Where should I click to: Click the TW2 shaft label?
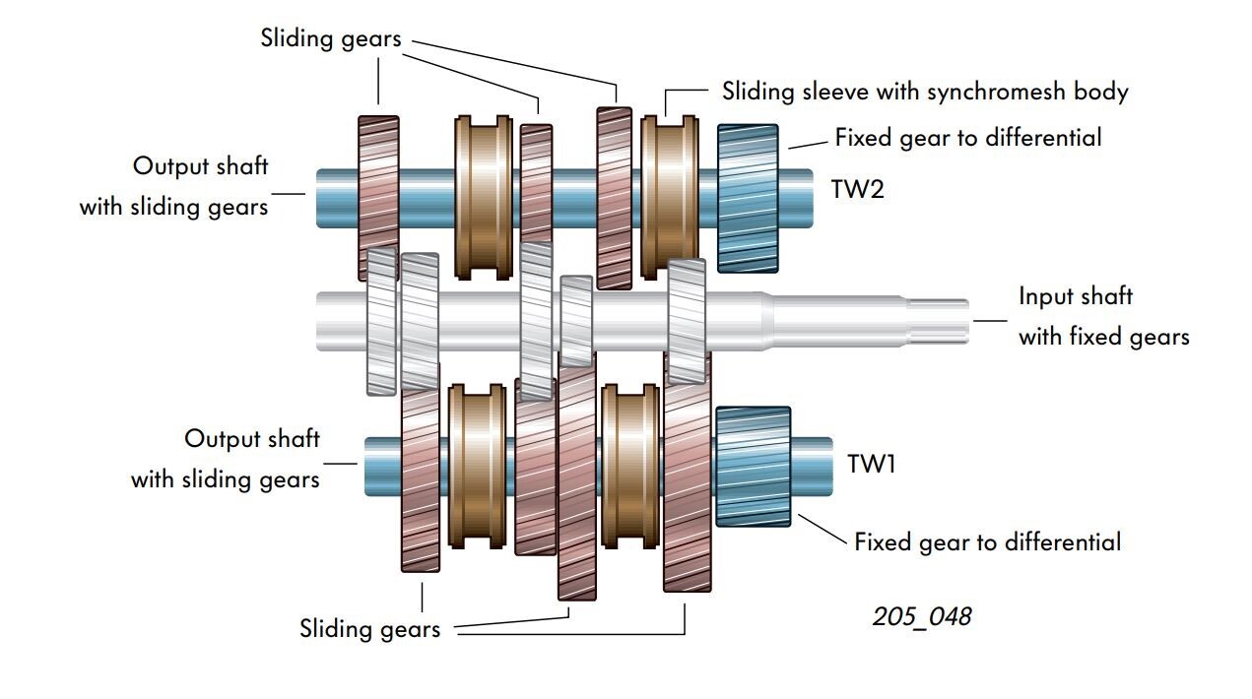(x=857, y=189)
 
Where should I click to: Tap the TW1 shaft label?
(x=872, y=464)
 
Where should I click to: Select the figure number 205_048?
(x=921, y=617)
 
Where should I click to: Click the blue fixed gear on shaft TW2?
(x=748, y=197)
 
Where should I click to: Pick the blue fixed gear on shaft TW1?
(x=754, y=466)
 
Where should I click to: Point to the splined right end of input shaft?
(x=936, y=321)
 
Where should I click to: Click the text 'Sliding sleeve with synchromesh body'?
(x=924, y=92)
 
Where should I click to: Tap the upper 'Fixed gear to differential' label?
(x=967, y=137)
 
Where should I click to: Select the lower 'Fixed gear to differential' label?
(x=986, y=542)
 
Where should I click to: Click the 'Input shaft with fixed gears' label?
(x=1102, y=316)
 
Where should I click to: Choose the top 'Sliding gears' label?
(x=331, y=38)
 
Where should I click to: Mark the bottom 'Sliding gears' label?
(x=369, y=629)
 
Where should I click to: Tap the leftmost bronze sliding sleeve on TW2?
(x=483, y=196)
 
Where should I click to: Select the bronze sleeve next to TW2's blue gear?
(x=670, y=196)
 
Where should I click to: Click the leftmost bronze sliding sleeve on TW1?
(x=478, y=466)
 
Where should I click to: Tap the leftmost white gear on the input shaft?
(x=380, y=321)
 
